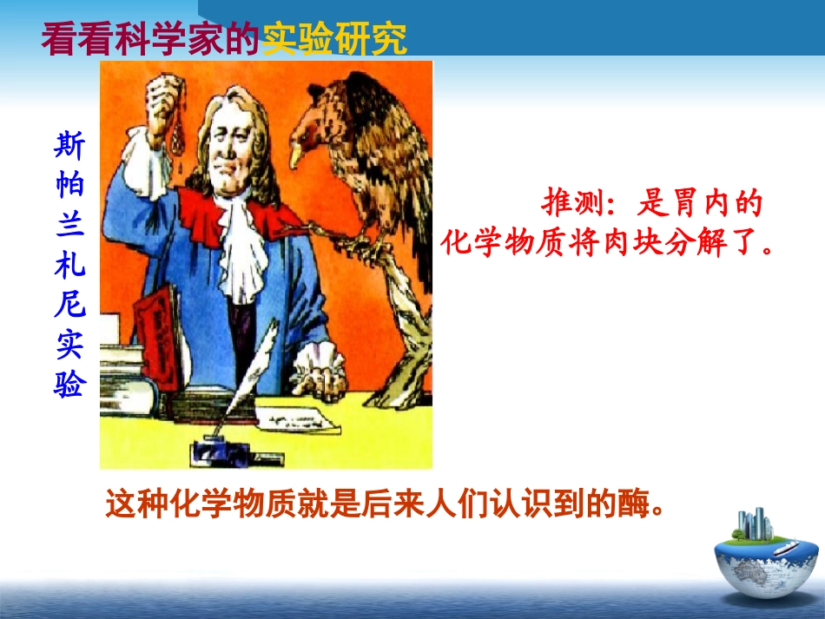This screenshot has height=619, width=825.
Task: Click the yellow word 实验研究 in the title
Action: click(334, 38)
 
